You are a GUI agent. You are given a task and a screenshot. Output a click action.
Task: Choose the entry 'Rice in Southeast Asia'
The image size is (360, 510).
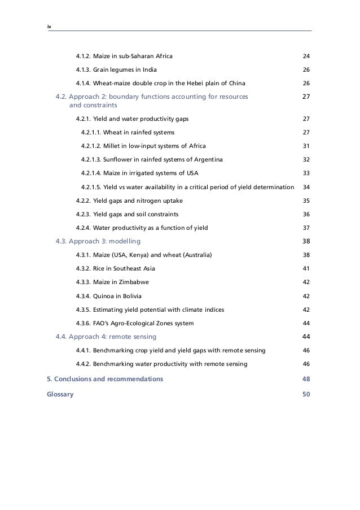click(x=124, y=268)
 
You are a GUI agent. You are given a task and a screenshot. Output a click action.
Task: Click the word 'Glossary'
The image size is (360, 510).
click(x=60, y=394)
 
